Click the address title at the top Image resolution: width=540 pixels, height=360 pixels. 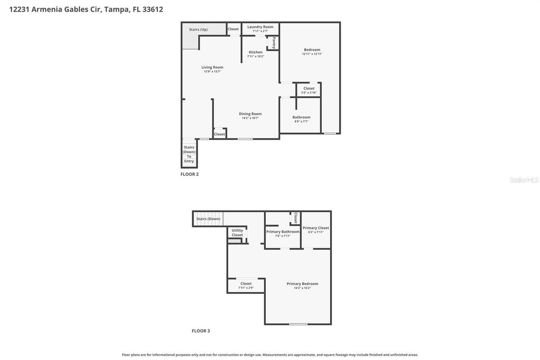coord(86,9)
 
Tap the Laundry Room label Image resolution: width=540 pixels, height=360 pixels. coord(260,27)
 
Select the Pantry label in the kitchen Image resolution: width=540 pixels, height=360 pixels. coord(274,43)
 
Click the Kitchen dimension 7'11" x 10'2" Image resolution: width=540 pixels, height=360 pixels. coord(256,57)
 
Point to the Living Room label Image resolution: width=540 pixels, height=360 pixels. coord(212,67)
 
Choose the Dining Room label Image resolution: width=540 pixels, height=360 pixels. coord(250,114)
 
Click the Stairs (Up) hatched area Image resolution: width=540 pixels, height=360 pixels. coord(198,30)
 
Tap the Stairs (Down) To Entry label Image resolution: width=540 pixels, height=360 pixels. coord(189,154)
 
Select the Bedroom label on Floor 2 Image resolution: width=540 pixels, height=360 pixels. coord(312,50)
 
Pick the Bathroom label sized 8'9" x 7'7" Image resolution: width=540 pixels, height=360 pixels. coord(301,117)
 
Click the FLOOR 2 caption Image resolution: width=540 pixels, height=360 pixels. coord(189,174)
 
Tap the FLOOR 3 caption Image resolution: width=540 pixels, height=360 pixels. coord(201,331)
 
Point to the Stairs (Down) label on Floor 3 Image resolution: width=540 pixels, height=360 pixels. coord(208,219)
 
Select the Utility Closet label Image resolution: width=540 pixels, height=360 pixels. coord(237,233)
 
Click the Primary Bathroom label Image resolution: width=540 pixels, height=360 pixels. coord(283,232)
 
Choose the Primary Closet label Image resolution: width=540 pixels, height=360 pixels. coord(316,228)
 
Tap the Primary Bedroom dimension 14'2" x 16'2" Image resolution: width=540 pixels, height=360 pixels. coord(302,288)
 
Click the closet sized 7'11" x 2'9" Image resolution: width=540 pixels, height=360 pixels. coord(246,286)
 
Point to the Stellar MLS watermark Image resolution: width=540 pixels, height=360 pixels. coord(524,180)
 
